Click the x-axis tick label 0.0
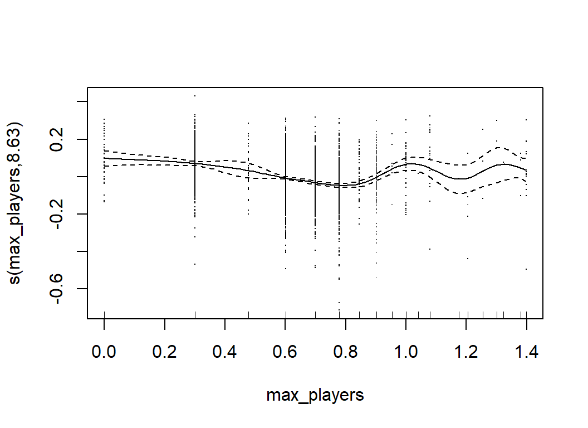pyautogui.click(x=104, y=353)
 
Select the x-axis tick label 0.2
pyautogui.click(x=165, y=353)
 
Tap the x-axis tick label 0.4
pyautogui.click(x=225, y=353)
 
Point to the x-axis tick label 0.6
pyautogui.click(x=285, y=353)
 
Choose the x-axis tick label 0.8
pyautogui.click(x=346, y=353)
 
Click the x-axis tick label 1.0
pyautogui.click(x=406, y=353)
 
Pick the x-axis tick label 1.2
pyautogui.click(x=467, y=353)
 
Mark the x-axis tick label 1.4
pyautogui.click(x=526, y=353)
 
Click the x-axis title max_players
pyautogui.click(x=315, y=396)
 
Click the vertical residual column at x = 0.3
pyautogui.click(x=195, y=167)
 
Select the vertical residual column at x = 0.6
pyautogui.click(x=286, y=184)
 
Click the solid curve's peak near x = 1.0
pyautogui.click(x=409, y=163)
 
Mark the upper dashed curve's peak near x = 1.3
pyautogui.click(x=498, y=147)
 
